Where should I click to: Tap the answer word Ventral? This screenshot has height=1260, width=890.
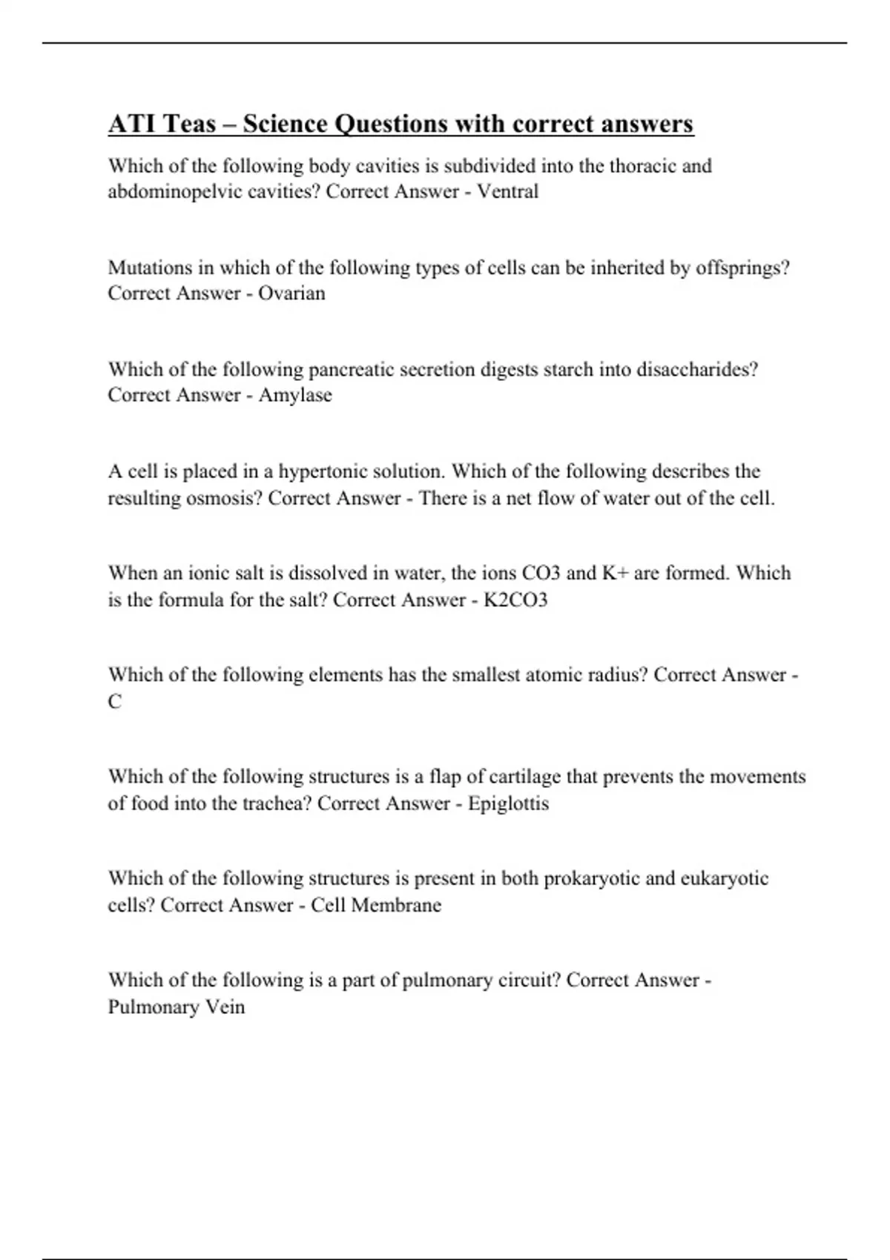(507, 191)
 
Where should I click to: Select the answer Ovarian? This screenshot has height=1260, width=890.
(291, 293)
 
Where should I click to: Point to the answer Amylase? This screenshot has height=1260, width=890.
(295, 395)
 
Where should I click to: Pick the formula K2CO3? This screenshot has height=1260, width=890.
(515, 600)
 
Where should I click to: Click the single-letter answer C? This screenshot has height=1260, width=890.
(114, 701)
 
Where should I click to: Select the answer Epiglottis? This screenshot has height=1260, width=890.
(508, 803)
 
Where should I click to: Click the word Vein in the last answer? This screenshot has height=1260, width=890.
(227, 1007)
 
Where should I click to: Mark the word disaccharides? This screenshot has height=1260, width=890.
(697, 370)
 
